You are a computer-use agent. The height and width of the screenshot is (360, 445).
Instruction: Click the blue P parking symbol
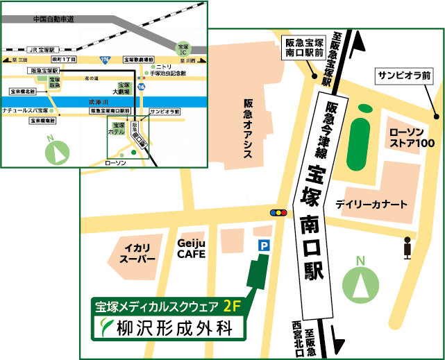click(x=264, y=245)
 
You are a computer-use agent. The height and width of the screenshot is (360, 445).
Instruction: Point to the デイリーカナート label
click(x=371, y=205)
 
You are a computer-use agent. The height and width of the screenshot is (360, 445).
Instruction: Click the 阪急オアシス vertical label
click(x=248, y=129)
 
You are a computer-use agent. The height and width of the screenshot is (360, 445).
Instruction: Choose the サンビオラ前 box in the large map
click(x=404, y=74)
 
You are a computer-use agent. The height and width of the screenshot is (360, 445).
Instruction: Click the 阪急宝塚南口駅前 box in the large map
click(x=305, y=48)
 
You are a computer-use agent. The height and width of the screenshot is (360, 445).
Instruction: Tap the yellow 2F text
click(x=233, y=306)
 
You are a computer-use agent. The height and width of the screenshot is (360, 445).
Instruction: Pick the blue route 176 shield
click(x=105, y=61)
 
